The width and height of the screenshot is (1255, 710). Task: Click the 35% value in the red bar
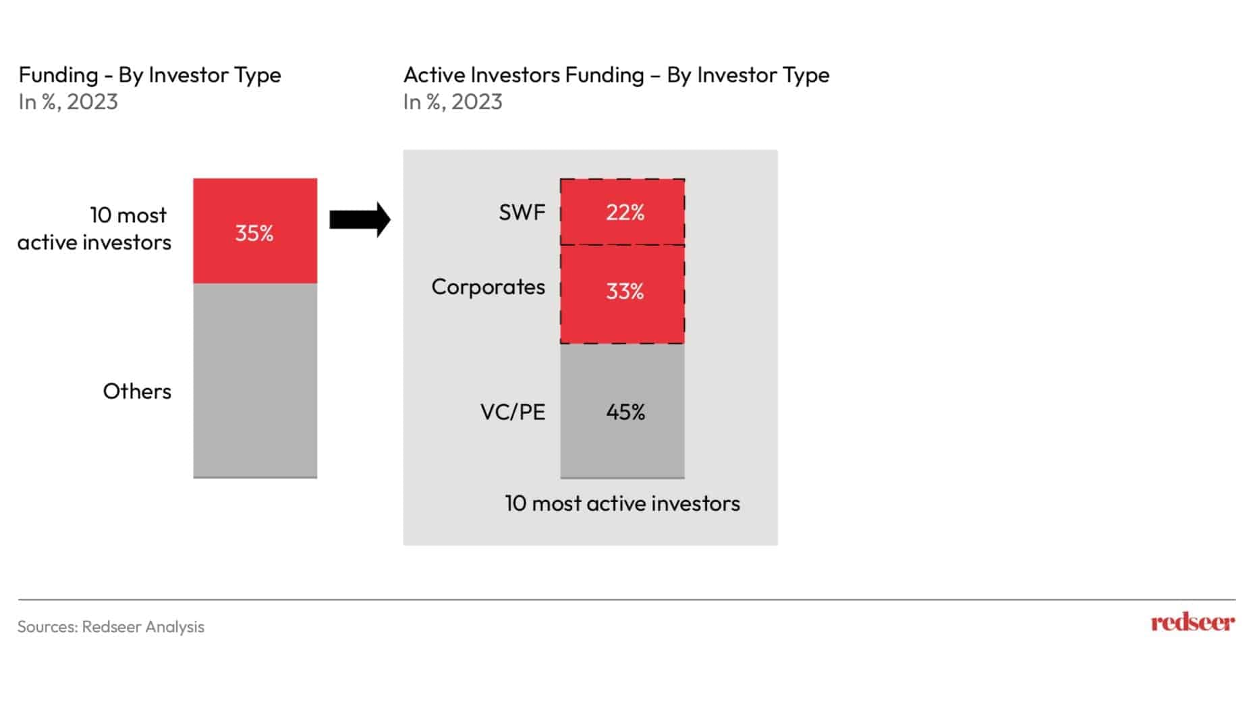click(254, 234)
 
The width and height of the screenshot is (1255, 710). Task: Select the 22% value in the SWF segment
click(625, 213)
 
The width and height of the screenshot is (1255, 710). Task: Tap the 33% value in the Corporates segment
click(625, 292)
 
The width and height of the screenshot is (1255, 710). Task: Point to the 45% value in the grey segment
click(625, 412)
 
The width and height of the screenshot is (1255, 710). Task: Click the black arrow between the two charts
click(360, 219)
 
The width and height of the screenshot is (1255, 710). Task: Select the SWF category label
click(522, 213)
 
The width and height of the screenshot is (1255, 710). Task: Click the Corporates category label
click(488, 287)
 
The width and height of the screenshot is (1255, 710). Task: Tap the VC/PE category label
click(513, 412)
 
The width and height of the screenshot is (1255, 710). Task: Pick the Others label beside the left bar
click(137, 391)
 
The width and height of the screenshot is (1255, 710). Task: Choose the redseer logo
click(1192, 622)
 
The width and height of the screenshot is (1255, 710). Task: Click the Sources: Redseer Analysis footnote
click(111, 627)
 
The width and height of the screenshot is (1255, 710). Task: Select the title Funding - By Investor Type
click(150, 75)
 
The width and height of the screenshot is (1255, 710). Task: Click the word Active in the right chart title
click(435, 75)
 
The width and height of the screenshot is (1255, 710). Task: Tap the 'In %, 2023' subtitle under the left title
click(68, 102)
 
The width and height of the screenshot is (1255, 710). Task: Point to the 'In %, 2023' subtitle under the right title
click(453, 102)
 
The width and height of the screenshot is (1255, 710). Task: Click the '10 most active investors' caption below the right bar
click(622, 503)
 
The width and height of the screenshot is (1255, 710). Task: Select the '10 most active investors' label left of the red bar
click(94, 229)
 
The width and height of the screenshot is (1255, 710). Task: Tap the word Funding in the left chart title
click(58, 75)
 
